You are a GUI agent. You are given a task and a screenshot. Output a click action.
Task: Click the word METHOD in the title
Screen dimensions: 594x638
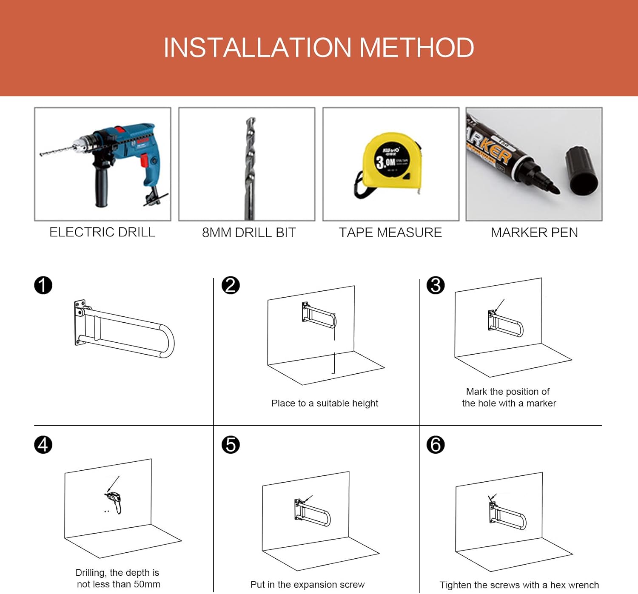click(416, 47)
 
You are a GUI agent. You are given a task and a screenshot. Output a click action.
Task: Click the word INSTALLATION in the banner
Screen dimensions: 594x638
click(257, 47)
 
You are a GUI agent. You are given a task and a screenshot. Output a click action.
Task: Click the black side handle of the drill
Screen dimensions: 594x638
click(101, 187)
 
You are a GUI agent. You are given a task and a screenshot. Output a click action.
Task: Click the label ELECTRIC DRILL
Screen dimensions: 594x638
click(102, 232)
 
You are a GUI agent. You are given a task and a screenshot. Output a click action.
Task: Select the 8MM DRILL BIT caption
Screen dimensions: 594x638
click(249, 233)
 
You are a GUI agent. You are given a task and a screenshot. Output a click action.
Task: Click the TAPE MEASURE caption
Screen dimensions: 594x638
click(390, 233)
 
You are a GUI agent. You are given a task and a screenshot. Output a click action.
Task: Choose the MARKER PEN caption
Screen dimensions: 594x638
click(534, 233)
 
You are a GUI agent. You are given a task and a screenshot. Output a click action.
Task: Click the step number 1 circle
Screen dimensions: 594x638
click(43, 285)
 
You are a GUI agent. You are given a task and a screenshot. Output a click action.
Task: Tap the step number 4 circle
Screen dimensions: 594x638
click(43, 445)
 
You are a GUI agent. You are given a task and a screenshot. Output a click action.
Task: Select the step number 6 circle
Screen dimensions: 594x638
click(436, 445)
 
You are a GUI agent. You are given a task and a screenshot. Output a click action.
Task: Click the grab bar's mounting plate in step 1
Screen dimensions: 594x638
click(79, 322)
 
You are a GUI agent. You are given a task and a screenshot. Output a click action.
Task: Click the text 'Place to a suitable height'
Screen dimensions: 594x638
click(325, 403)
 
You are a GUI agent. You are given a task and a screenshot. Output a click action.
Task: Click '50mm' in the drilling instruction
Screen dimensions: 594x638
click(147, 584)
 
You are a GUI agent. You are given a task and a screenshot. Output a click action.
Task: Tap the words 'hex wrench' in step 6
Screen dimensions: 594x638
click(574, 585)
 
